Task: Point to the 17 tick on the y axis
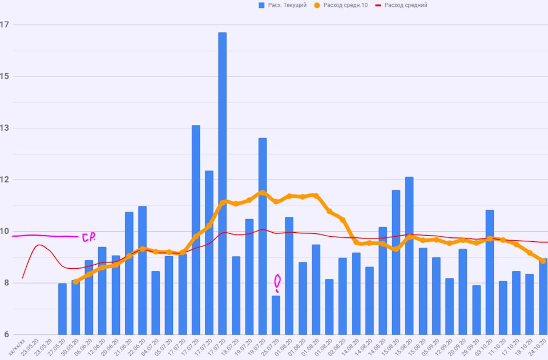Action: [5, 25]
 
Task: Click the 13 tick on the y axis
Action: [5, 128]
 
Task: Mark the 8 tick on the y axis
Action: [5, 283]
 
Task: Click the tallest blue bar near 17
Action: [222, 183]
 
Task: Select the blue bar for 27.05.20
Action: [62, 309]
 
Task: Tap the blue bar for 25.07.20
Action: [276, 315]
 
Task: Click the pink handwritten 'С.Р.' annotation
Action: [88, 237]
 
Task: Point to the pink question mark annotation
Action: [277, 282]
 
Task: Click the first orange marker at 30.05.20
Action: [76, 281]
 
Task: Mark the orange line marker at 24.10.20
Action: [542, 261]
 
